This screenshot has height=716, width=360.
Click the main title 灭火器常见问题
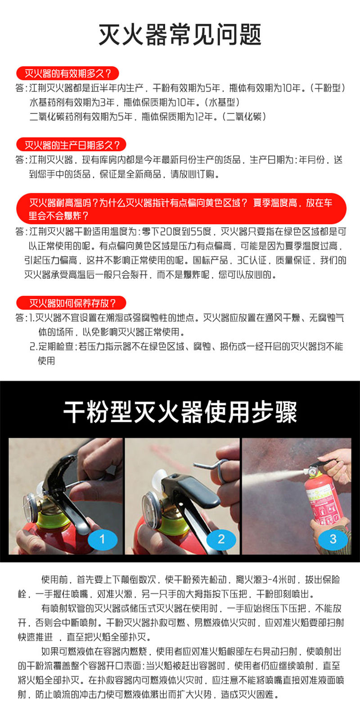180,35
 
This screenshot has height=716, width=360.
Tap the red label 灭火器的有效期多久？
67,73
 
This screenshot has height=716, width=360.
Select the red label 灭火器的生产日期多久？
71,145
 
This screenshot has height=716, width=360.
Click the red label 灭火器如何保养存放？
71,303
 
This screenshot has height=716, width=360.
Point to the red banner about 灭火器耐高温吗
181,209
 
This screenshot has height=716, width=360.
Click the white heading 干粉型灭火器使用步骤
180,412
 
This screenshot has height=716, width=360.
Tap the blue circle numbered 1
102,539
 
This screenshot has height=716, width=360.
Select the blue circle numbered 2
221,539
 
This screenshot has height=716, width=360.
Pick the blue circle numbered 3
333,539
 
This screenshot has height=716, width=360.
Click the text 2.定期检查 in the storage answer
52,346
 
